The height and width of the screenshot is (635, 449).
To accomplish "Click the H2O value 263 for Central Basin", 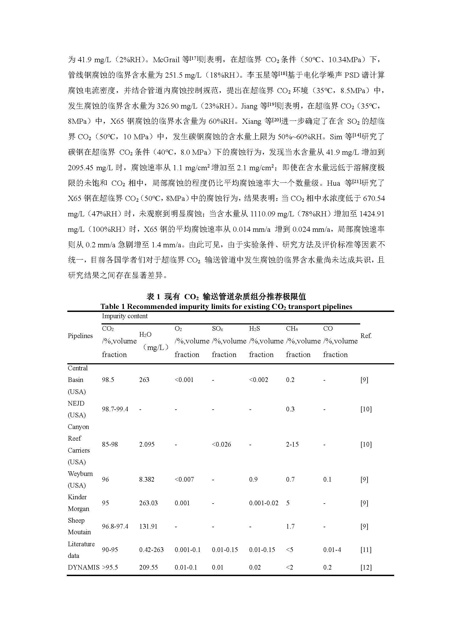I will tap(144, 380).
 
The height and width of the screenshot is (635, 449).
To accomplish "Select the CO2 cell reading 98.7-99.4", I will tap(115, 409).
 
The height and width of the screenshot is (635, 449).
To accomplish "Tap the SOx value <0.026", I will tap(221, 444).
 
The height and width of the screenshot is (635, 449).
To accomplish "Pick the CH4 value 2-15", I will tap(292, 444).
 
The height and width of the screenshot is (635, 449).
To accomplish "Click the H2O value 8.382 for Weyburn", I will tap(147, 479).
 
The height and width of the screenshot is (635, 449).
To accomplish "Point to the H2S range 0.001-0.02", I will tap(264, 503).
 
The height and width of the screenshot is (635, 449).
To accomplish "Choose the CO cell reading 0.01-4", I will tap(332, 550).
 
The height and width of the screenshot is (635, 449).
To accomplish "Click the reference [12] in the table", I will tap(366, 567).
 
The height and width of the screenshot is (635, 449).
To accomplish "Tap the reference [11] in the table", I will tap(366, 550).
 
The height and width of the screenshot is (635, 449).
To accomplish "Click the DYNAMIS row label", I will tap(84, 567).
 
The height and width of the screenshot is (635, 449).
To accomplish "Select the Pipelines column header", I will tap(80, 336).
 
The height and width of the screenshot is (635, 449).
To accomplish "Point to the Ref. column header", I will tap(366, 336).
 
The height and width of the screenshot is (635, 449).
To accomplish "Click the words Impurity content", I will tap(125, 316).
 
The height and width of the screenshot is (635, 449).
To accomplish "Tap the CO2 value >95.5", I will tap(110, 567).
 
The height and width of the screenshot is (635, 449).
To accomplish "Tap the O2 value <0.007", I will tap(184, 479).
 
